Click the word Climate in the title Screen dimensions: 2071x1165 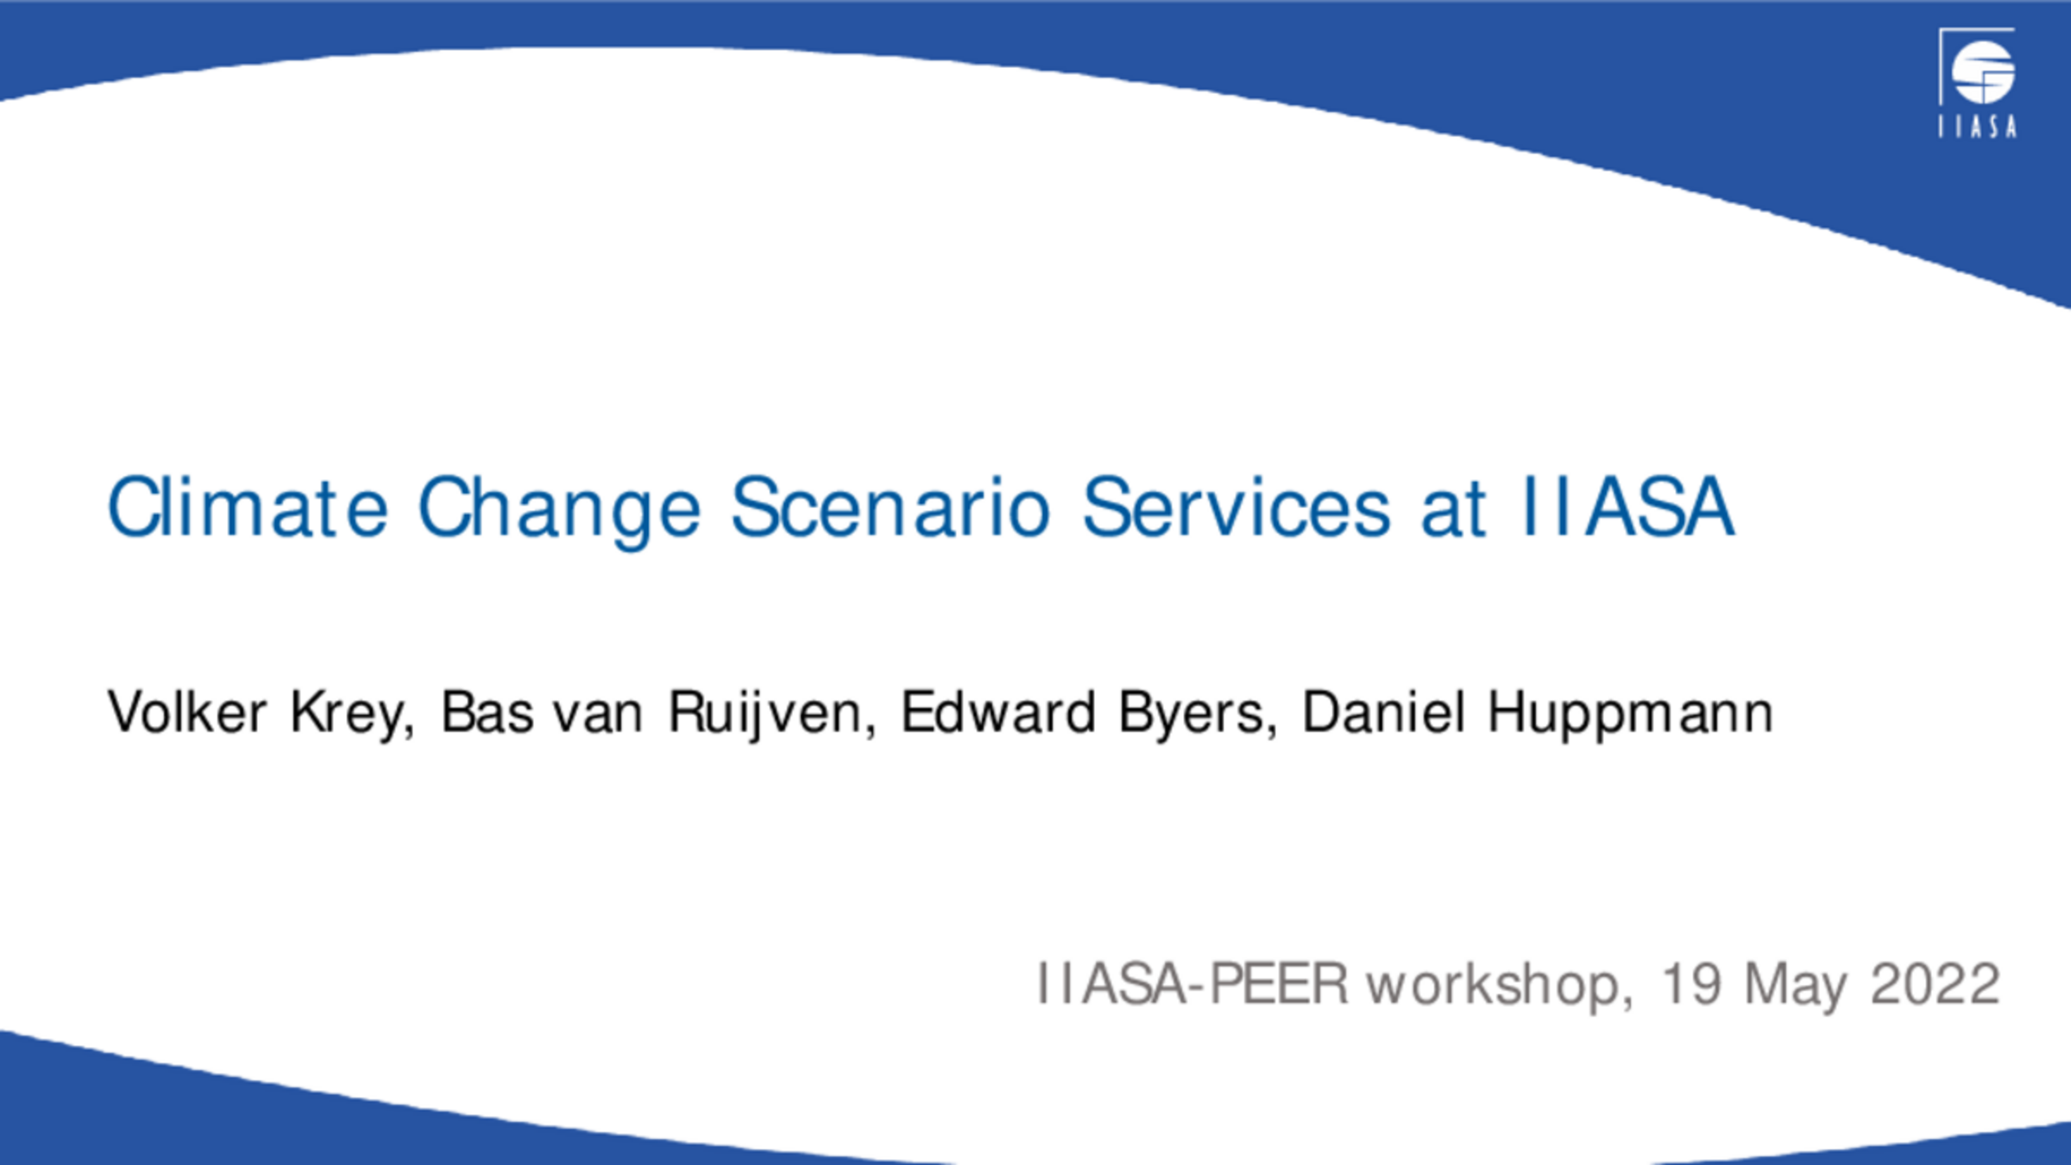248,507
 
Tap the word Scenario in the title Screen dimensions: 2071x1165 891,507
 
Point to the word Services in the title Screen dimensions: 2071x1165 1236,507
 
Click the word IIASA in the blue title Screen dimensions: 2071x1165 1628,507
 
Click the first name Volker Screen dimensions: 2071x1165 186,712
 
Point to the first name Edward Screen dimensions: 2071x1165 998,712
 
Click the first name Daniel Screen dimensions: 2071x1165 1384,712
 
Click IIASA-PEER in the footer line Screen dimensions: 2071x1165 1192,983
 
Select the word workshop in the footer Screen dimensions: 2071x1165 1500,985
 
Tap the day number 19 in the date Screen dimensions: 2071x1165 1691,983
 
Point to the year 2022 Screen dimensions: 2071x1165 1935,983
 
